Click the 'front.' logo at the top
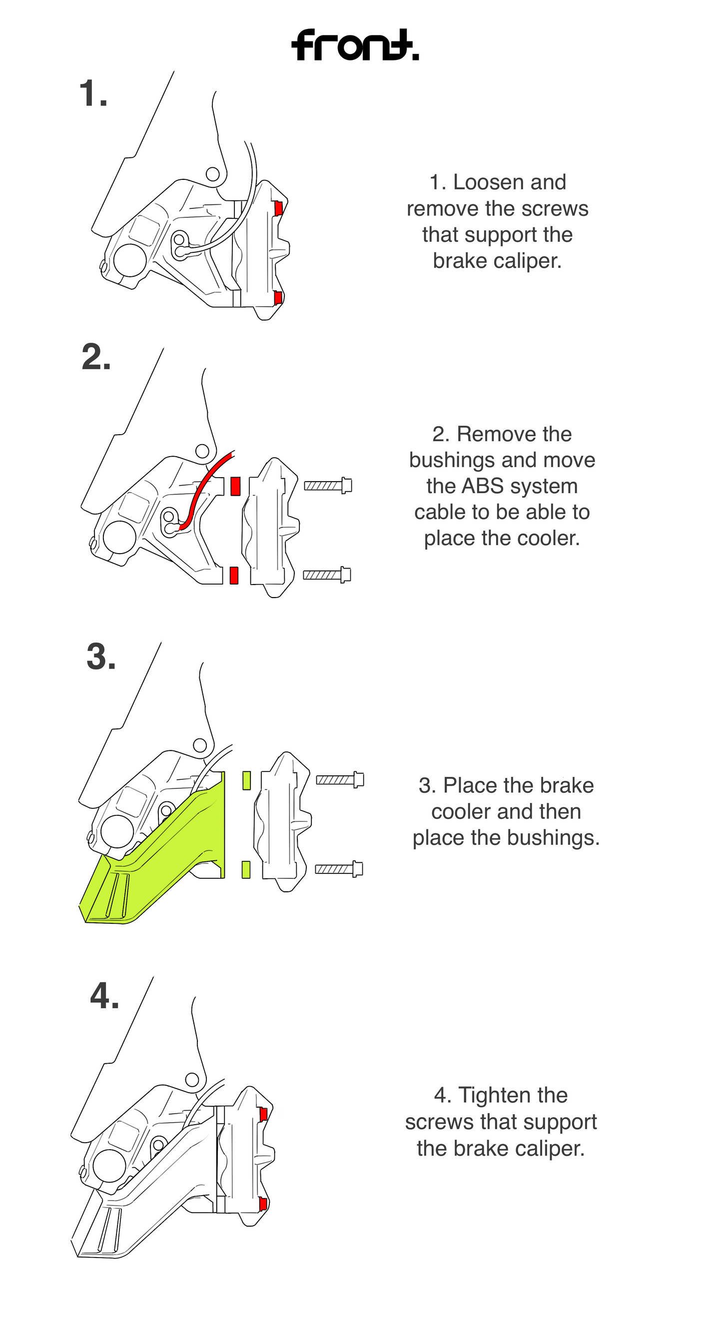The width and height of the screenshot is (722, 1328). coord(355,45)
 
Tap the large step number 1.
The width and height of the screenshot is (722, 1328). coord(93,94)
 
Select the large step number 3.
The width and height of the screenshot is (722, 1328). coord(100,658)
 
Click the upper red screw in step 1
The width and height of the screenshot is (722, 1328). coord(278,208)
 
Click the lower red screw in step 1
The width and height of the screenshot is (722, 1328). coord(278,297)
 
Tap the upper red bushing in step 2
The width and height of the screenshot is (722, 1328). coord(235,486)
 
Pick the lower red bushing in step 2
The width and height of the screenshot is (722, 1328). coord(234,576)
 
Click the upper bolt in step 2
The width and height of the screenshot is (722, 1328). coord(328,486)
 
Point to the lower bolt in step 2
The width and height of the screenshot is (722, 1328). coord(327,575)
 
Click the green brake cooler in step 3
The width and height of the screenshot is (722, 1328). coord(170,851)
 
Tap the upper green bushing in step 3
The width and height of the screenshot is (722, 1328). coord(246,780)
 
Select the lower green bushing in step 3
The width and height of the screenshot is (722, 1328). coord(246,870)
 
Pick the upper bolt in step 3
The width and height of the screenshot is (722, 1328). coord(340,780)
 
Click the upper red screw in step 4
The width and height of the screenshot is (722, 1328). coord(263,1115)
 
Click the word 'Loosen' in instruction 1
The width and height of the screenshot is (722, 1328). coord(484,182)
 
